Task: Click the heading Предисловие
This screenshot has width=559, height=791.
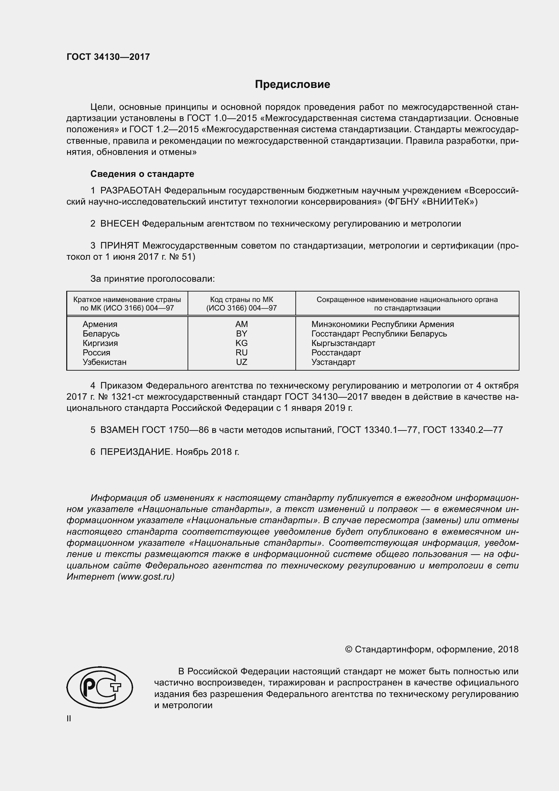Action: [292, 85]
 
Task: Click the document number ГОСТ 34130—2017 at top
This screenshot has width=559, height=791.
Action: [108, 57]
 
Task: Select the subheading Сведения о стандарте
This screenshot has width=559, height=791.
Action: [142, 174]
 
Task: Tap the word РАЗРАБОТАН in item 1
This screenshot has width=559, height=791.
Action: [130, 190]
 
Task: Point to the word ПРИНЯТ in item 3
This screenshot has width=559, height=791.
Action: [119, 246]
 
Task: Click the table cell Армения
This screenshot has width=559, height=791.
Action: [100, 324]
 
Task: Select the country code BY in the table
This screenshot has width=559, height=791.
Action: [241, 333]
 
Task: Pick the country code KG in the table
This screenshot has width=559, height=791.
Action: [241, 343]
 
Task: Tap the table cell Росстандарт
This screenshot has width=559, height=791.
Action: [336, 352]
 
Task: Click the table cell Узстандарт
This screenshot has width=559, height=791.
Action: [333, 362]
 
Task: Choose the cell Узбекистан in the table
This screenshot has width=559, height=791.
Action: [104, 362]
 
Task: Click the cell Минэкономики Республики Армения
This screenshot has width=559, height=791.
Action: [383, 324]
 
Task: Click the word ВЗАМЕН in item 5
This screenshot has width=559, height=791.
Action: [119, 429]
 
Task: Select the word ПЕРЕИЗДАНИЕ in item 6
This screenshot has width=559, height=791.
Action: [136, 452]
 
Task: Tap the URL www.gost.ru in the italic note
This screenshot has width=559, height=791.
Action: [146, 577]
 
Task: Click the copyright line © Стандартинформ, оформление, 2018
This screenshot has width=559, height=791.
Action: [431, 649]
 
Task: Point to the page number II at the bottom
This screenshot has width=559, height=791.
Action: [69, 718]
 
